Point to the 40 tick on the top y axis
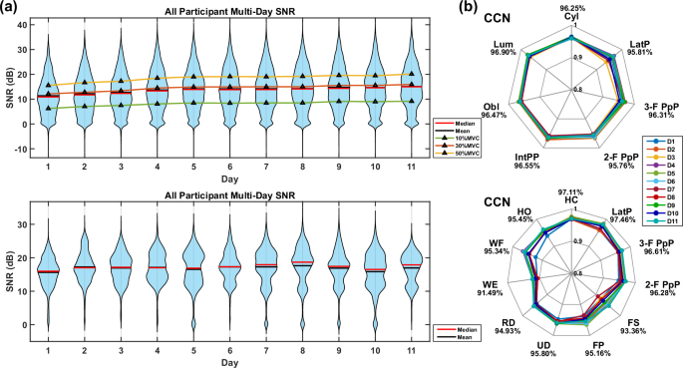tap(22, 23)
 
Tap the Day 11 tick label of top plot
tap(410, 165)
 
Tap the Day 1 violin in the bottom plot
tap(48, 270)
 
